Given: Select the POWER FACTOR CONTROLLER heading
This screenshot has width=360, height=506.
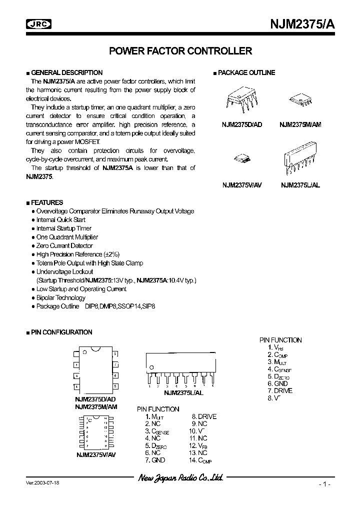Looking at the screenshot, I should [x=180, y=51].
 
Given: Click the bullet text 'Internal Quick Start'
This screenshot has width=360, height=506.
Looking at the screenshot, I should [x=60, y=220].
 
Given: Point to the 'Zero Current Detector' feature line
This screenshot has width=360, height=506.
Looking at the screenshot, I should [x=64, y=246].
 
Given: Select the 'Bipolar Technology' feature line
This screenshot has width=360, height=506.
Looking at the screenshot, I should [x=60, y=297].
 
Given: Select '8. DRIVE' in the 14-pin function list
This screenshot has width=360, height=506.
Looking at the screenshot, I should [x=204, y=416].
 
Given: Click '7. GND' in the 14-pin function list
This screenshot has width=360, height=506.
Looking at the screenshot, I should [x=155, y=460].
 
